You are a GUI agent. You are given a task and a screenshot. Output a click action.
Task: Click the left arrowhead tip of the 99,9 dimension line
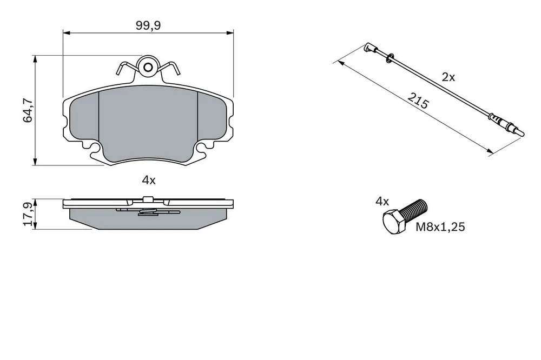63,33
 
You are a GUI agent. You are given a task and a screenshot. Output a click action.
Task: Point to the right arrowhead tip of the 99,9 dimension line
234,33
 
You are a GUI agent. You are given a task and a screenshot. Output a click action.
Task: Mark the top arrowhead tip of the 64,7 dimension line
35,55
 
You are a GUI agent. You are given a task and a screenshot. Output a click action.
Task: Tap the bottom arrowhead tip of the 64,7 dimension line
35,165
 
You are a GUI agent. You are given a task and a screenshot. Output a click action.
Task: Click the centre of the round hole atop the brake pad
148,67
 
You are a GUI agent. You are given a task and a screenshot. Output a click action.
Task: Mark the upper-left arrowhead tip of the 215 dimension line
338,61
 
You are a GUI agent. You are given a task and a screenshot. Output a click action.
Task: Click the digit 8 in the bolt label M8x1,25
428,227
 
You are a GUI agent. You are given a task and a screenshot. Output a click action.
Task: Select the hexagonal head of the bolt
394,222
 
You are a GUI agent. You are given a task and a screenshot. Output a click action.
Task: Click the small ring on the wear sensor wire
389,58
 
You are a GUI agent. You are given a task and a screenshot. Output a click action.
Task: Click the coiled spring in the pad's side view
148,212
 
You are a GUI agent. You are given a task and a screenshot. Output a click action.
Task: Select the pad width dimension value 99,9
148,25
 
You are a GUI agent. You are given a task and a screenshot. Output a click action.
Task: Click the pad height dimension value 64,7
28,110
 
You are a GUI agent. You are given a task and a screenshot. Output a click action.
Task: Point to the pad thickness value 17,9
28,214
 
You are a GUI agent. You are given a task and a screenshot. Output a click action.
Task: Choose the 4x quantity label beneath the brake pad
149,180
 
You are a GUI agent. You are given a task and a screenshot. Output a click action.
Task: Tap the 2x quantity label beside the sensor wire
448,77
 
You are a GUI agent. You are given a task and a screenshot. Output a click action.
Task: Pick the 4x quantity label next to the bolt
382,202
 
